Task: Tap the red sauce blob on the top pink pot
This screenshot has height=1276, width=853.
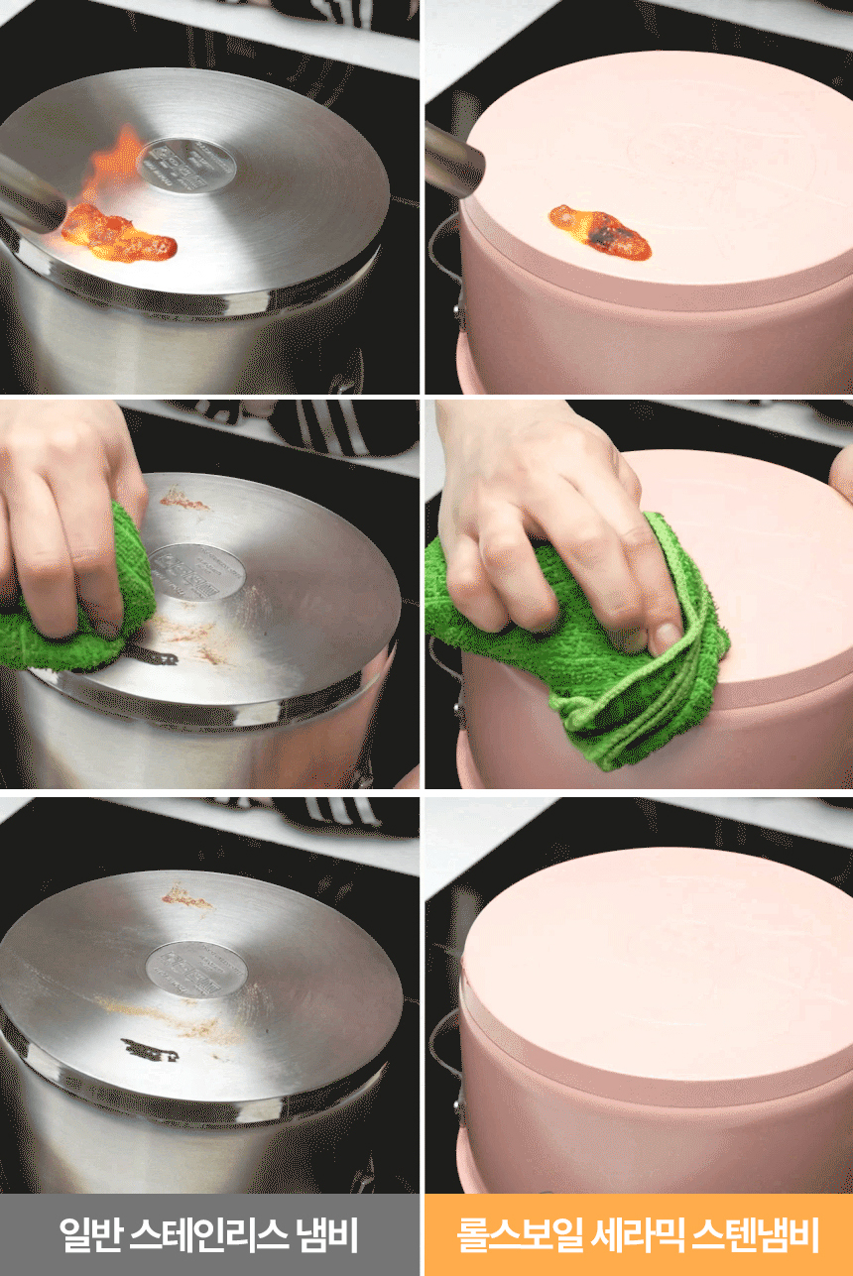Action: coord(599,231)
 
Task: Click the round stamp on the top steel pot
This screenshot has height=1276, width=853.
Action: coord(186,165)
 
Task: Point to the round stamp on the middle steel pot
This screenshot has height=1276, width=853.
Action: coord(197,571)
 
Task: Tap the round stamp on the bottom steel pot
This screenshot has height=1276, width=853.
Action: coord(196,969)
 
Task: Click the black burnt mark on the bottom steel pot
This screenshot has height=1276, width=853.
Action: coord(150,1049)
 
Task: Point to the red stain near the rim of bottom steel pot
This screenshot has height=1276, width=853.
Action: coord(185,897)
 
